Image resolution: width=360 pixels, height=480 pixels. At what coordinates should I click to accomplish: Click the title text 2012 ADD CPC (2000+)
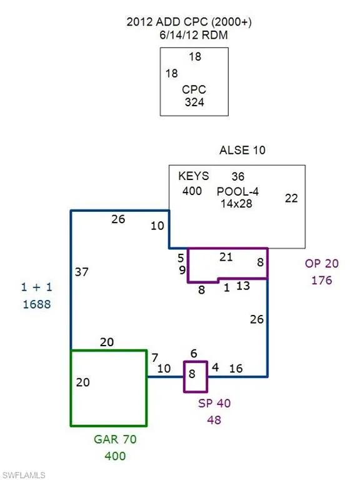coord(189,22)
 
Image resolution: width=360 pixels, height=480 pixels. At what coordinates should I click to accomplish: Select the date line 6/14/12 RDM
coord(194,35)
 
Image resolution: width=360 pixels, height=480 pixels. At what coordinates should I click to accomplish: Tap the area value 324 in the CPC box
coord(194,102)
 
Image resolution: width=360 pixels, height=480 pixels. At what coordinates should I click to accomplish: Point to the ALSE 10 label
coord(242,150)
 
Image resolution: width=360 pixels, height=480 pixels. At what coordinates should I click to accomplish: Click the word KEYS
coord(194,176)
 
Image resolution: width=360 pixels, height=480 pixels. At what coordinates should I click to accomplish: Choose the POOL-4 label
coord(237,192)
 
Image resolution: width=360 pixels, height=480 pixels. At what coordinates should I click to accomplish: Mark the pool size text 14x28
coord(236,204)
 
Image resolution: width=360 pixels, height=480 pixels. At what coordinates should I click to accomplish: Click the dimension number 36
coord(238,177)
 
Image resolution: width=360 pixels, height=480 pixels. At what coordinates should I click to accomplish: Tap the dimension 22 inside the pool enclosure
coord(291,198)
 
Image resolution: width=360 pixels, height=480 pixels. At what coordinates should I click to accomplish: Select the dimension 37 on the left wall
coord(82,272)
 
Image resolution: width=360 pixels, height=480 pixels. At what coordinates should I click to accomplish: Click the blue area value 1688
coord(37,304)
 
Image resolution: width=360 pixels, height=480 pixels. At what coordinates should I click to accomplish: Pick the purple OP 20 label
coord(322,264)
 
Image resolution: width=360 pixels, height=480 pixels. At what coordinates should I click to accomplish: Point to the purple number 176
coord(322,281)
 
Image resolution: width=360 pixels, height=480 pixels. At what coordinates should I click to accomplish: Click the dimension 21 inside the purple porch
coord(226,257)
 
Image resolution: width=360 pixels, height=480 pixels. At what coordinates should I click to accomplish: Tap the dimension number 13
coord(243,286)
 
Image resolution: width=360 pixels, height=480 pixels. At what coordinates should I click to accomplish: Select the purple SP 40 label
coord(214,403)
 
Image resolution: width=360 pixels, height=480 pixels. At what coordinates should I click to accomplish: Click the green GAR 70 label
coord(115,439)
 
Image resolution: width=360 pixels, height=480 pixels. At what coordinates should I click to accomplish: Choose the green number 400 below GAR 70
coord(115,456)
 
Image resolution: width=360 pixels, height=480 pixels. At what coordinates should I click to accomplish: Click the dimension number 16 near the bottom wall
coord(236,369)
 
